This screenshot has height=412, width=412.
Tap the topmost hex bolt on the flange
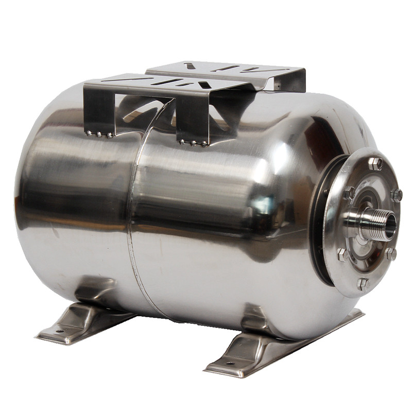click(374, 164)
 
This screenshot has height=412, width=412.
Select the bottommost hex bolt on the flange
click(364, 283)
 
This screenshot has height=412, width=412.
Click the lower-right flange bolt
click(391, 254)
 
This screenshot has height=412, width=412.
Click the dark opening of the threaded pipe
click(390, 225)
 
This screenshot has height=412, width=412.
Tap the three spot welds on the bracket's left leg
click(99, 135)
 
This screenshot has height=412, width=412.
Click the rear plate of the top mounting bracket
click(227, 70)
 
